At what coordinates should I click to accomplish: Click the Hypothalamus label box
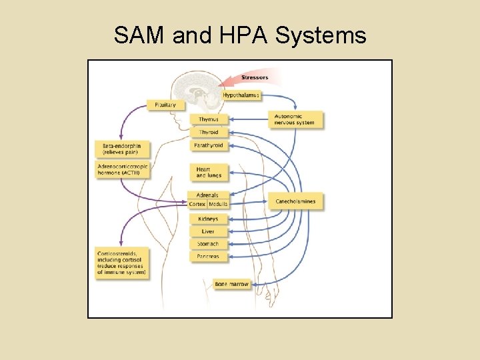coord(241,95)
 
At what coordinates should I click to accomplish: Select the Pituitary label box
coord(165,105)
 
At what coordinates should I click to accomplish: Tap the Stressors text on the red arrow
coord(255,77)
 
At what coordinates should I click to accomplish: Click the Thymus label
coord(209,119)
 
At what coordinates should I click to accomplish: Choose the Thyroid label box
coord(209,132)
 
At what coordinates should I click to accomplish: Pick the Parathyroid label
coord(209,145)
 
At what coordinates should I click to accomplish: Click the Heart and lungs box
coord(209,172)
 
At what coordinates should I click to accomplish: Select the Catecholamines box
coord(296,201)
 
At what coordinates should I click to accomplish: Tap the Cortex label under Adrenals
coord(197,204)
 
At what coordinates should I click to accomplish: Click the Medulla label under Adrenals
coord(218,204)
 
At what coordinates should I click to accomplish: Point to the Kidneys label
coord(208,219)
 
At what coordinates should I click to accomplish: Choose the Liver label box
coord(208,231)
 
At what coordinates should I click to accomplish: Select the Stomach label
coord(208,244)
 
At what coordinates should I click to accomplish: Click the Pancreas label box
coord(208,257)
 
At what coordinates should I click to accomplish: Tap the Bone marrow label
coord(231,284)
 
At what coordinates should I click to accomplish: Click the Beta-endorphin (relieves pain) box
coord(123,149)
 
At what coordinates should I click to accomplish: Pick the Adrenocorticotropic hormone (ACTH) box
coord(123,169)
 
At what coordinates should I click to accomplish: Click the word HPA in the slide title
coord(241,35)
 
